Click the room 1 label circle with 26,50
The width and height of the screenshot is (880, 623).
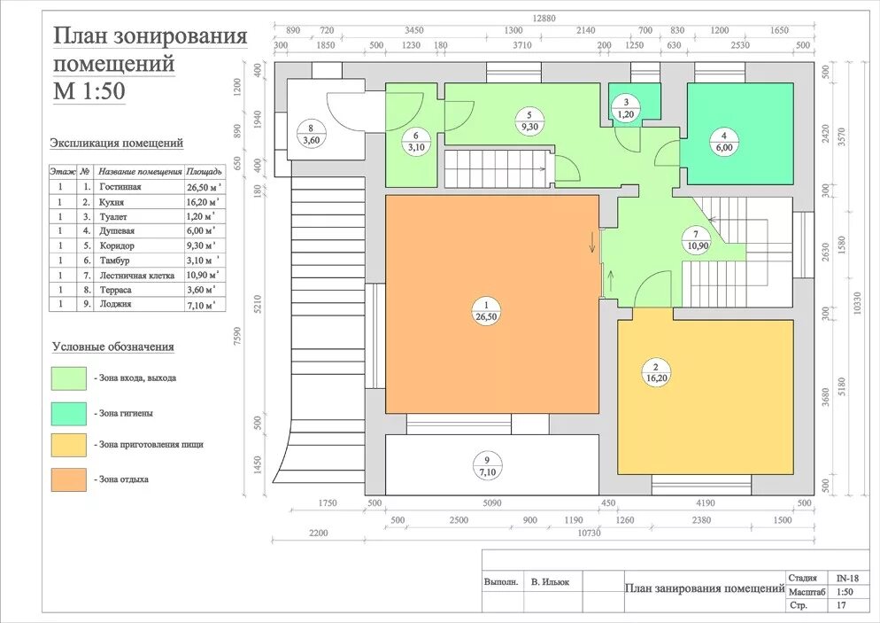(x=486, y=311)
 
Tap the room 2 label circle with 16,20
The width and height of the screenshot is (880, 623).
(x=656, y=372)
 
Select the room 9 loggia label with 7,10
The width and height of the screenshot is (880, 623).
(x=487, y=467)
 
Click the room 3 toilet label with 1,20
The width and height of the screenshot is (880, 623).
(x=626, y=108)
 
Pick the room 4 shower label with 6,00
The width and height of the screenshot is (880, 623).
(x=724, y=142)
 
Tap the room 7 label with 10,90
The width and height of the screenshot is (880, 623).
(x=697, y=240)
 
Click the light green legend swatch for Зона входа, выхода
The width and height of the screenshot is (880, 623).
(x=69, y=378)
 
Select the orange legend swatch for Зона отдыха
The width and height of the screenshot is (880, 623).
(x=69, y=479)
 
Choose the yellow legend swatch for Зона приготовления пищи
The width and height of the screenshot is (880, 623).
(x=69, y=444)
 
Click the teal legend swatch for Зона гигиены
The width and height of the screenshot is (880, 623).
(x=69, y=414)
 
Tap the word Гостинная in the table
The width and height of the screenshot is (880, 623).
(x=120, y=187)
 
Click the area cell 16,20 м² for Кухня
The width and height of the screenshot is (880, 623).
(x=203, y=202)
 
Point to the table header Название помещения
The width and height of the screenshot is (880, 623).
(x=140, y=171)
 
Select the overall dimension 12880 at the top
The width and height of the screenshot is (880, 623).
(x=544, y=19)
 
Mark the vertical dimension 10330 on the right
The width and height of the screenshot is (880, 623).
(x=857, y=303)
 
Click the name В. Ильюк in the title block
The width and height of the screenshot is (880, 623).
(x=550, y=582)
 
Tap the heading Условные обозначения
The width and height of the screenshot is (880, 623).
(x=113, y=347)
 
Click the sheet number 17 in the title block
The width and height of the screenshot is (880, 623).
(x=841, y=605)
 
